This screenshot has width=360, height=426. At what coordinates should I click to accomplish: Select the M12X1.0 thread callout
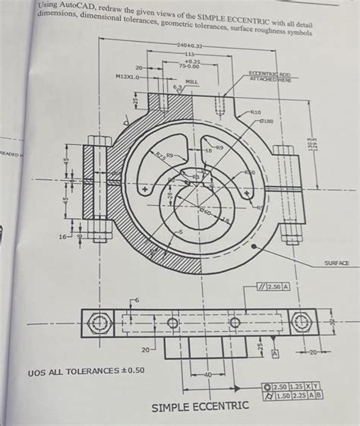click(127, 77)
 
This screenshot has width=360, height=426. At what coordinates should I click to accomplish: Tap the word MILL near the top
click(191, 80)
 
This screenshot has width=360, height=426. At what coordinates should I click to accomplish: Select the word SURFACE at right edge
click(336, 263)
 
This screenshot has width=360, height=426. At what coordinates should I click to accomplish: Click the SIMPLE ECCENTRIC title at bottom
click(200, 407)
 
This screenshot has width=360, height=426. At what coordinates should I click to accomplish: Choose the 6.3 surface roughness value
click(179, 87)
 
